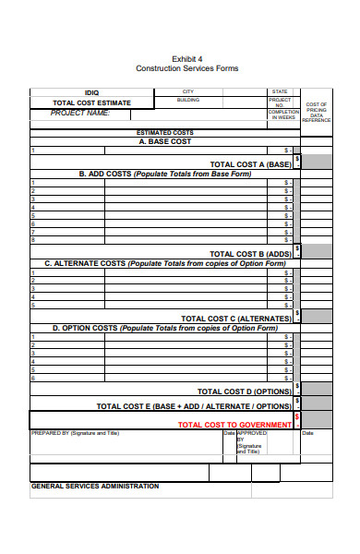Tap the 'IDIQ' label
[91, 92]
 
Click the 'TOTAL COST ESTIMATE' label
[91, 102]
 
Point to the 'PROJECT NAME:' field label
[79, 113]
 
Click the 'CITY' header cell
[188, 91]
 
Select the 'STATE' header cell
[280, 91]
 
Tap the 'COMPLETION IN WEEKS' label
[282, 115]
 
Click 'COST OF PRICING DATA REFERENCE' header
[317, 112]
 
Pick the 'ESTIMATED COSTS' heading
[165, 133]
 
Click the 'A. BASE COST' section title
[165, 141]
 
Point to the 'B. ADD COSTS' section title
[165, 173]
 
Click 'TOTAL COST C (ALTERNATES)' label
[236, 318]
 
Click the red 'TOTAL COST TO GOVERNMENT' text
[234, 425]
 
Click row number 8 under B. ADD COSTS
[33, 239]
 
